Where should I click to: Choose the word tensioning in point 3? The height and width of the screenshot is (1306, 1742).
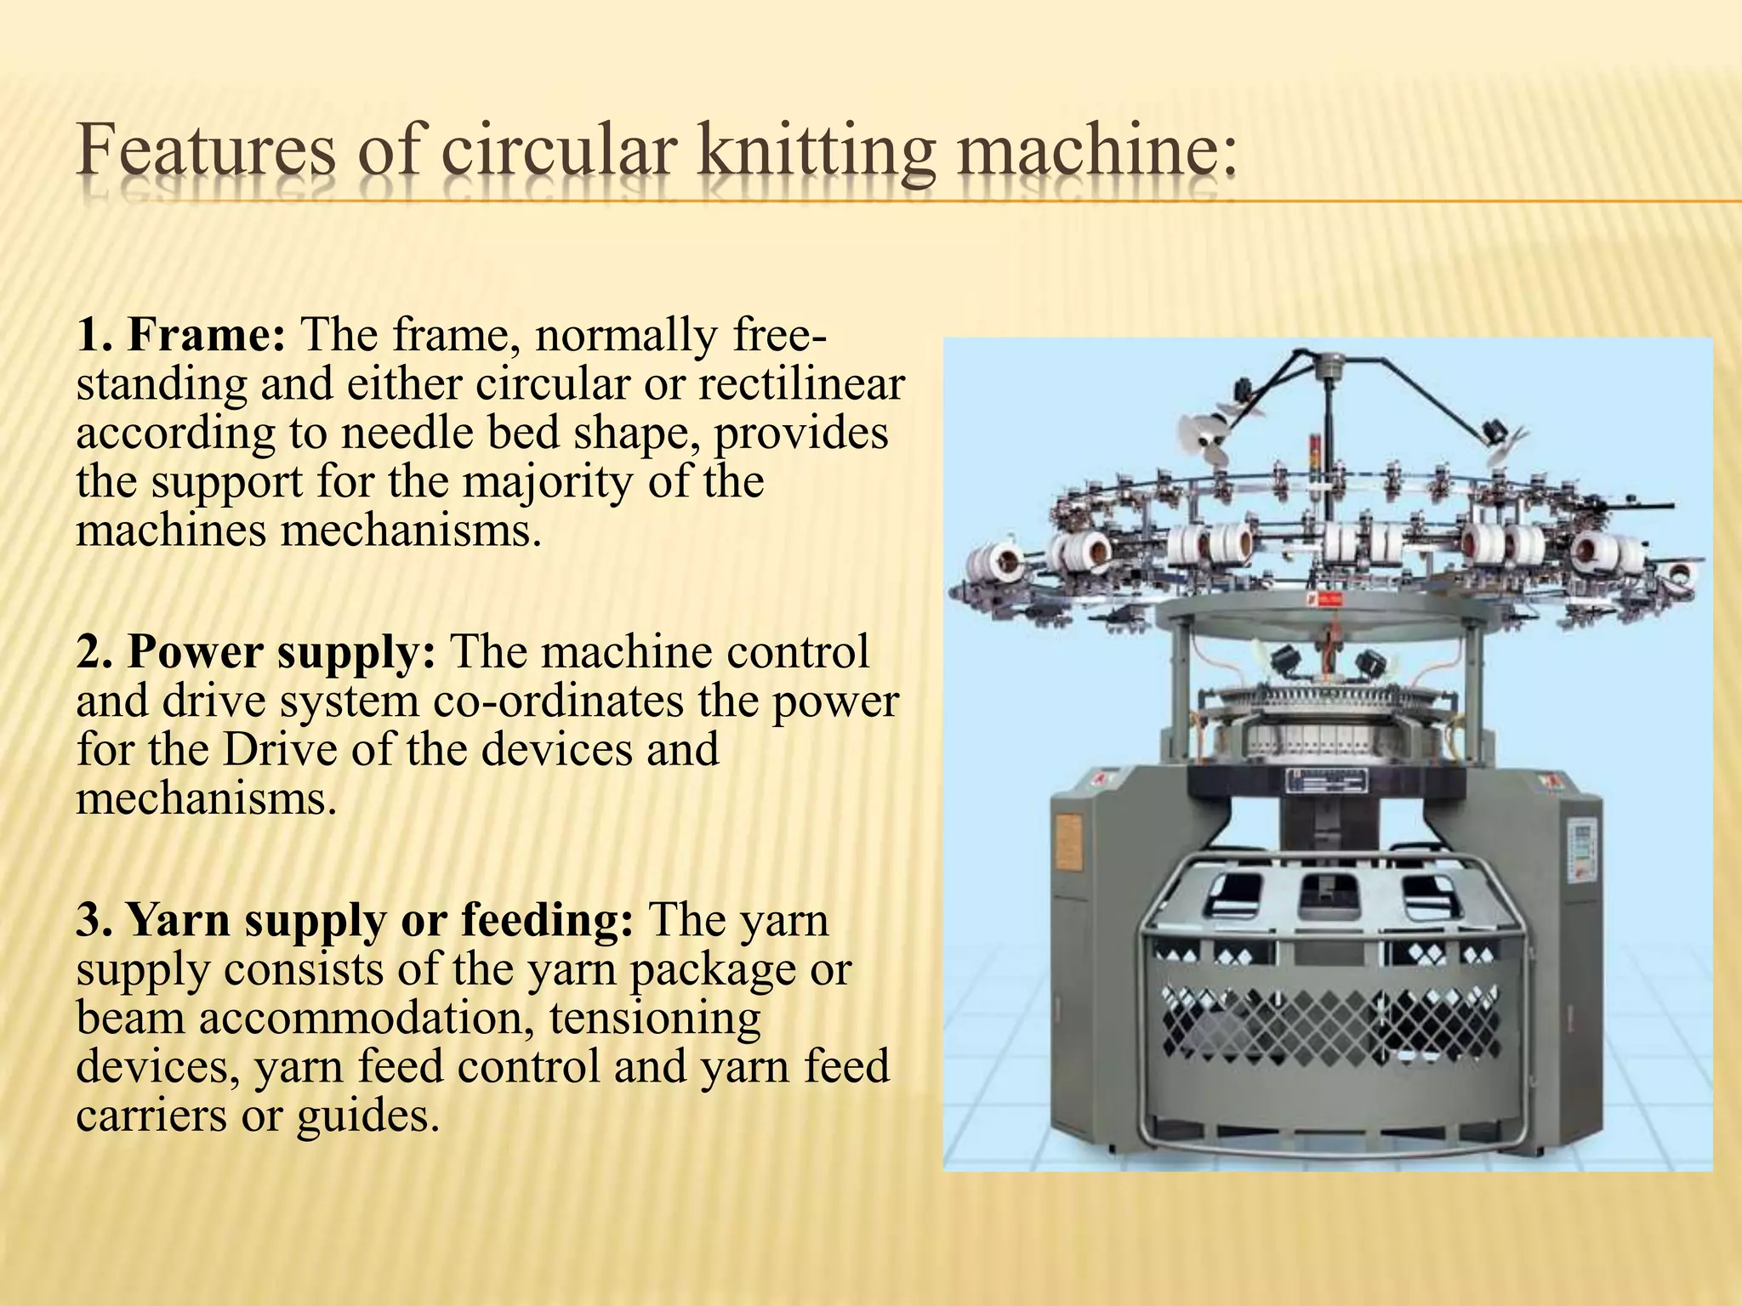point(655,1018)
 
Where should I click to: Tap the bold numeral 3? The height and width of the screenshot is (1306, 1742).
point(88,921)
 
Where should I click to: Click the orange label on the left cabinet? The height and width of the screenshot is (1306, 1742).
point(1069,842)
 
